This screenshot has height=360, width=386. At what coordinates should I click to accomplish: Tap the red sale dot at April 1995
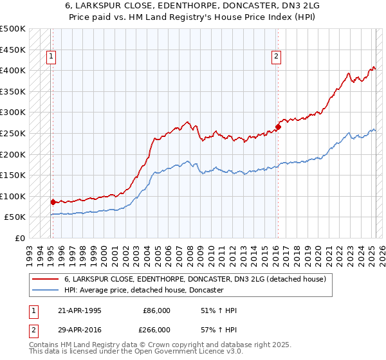point(53,202)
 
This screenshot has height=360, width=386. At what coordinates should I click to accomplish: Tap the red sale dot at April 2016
point(278,127)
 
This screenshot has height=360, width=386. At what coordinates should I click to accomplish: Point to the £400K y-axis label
point(13,70)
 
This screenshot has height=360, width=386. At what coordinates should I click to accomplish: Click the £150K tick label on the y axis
point(13,175)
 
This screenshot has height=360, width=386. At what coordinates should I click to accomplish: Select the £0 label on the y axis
point(19,238)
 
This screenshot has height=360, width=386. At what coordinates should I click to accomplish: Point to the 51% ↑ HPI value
point(219,310)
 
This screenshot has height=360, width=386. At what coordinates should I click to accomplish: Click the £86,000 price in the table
point(156,310)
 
